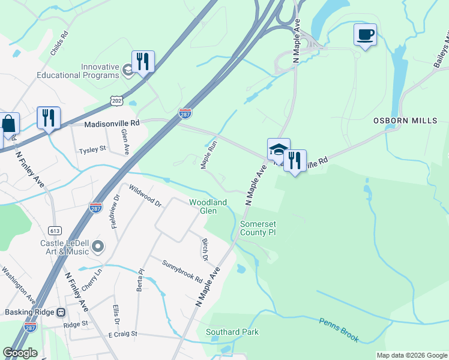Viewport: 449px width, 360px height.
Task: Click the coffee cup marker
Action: pyautogui.click(x=364, y=35)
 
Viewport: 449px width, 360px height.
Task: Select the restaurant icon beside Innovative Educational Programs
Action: pyautogui.click(x=143, y=62)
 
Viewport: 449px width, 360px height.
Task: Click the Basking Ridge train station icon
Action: pyautogui.click(x=61, y=313)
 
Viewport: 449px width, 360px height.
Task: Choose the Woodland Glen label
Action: pyautogui.click(x=208, y=206)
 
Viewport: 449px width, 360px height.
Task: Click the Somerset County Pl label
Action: pyautogui.click(x=258, y=228)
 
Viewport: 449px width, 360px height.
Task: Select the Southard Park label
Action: pyautogui.click(x=232, y=332)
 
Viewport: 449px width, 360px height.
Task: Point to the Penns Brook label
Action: pyautogui.click(x=339, y=330)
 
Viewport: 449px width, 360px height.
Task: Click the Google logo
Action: pyautogui.click(x=20, y=353)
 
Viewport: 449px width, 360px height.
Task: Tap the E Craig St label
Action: pyautogui.click(x=122, y=334)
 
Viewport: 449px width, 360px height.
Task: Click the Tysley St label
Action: pyautogui.click(x=92, y=148)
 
